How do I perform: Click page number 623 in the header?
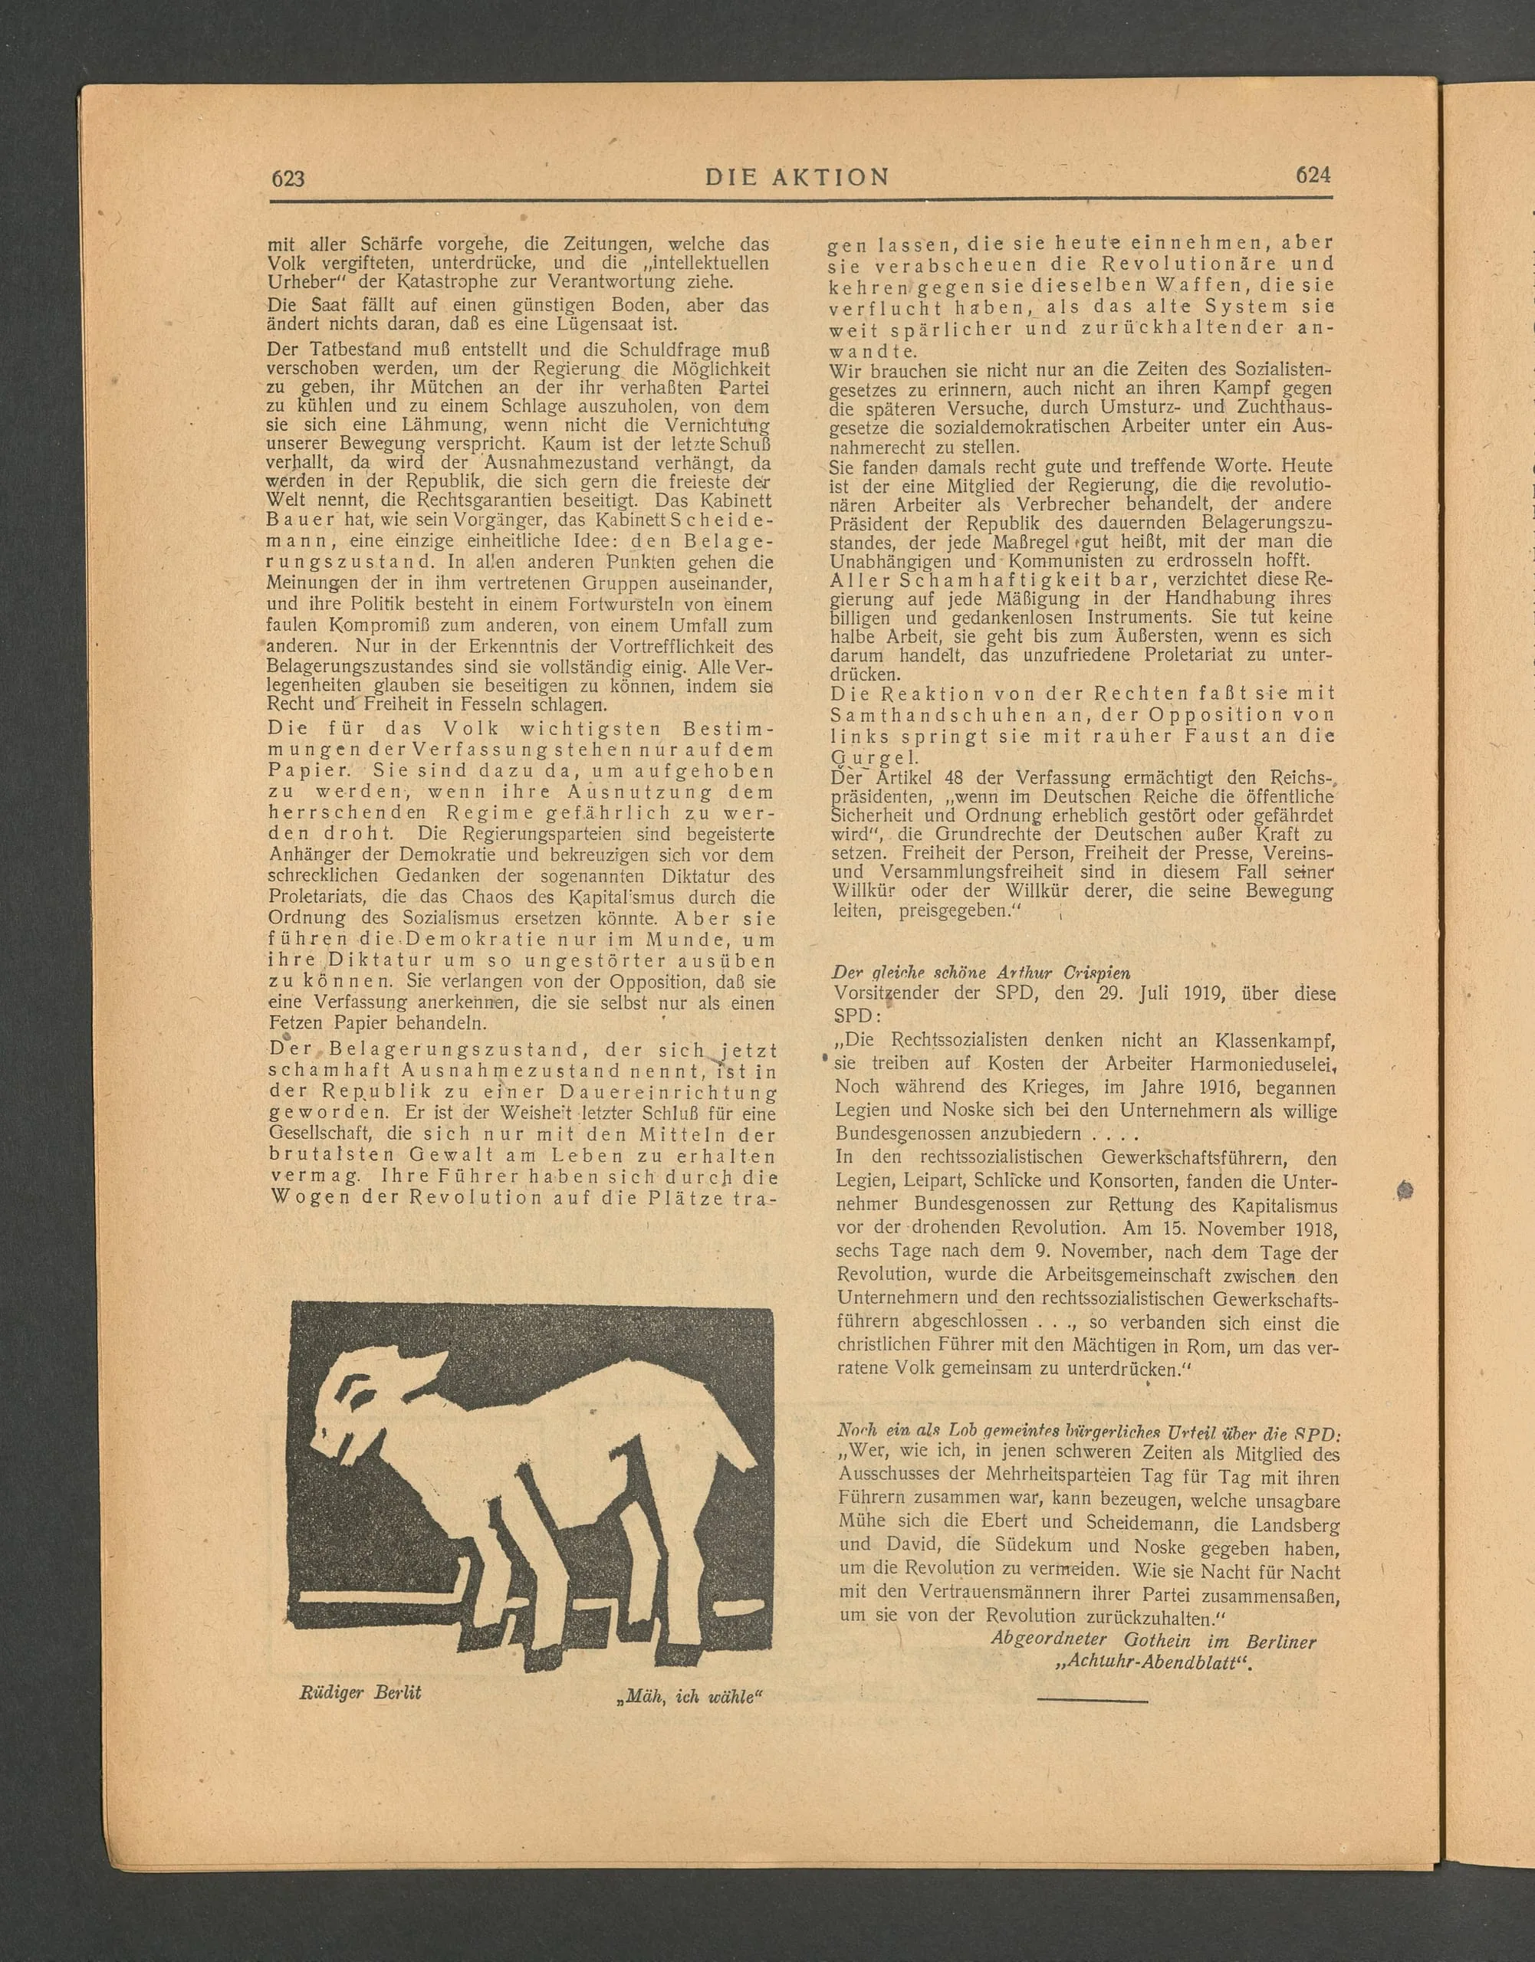[288, 178]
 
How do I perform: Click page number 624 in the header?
[1312, 176]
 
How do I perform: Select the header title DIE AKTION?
[797, 177]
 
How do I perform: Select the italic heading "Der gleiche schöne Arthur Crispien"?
[981, 972]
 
